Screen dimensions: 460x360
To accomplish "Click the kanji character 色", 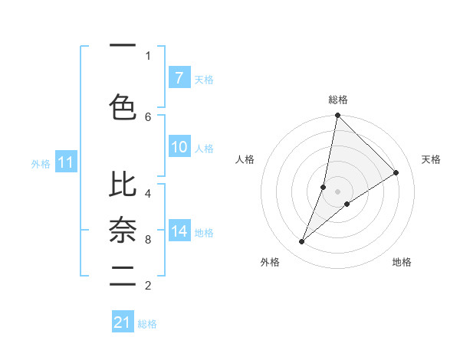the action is point(123,106).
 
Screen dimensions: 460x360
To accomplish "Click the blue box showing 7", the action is point(179,77).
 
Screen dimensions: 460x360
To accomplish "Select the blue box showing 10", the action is point(179,147).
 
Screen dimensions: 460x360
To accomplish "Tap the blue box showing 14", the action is point(179,231).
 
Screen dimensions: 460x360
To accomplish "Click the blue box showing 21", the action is point(123,322).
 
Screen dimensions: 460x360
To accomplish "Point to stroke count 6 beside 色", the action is point(148,116).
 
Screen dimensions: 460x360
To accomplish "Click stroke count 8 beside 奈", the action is point(148,240).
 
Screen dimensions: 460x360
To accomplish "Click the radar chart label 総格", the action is point(338,100).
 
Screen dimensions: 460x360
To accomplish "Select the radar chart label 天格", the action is point(431,159).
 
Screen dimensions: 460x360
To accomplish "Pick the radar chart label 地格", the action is point(402,262).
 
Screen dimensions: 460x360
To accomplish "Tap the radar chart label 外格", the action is point(269,262).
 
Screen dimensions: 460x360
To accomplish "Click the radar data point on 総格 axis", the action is point(337,116).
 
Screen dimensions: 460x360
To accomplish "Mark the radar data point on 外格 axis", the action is point(302,242).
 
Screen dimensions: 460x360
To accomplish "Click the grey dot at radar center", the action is point(337,191).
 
